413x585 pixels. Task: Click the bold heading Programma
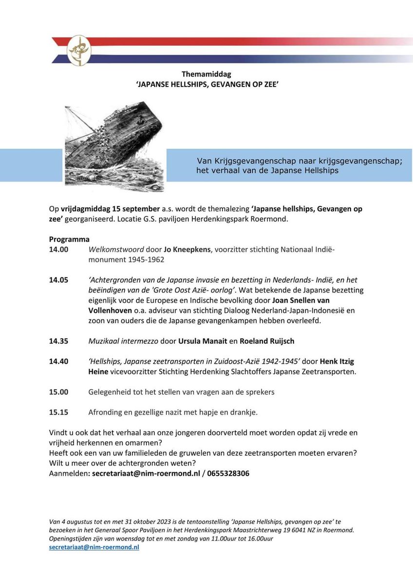[69, 239]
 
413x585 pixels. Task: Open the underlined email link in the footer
[94, 547]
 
